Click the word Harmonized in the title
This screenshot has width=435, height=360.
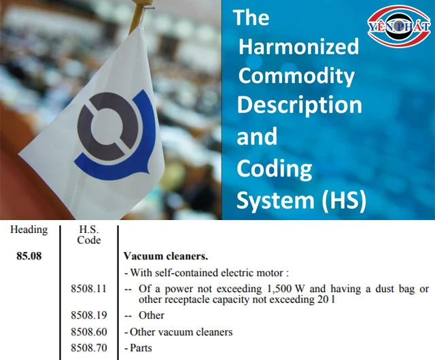298,46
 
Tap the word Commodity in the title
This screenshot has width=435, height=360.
296,75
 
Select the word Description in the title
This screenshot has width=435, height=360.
299,105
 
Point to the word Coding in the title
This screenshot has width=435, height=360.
274,168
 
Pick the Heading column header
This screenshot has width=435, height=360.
29,230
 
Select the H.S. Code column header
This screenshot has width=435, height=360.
89,234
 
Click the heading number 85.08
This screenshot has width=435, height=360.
29,257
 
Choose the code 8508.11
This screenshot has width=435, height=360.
89,289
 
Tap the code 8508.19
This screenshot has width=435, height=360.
89,315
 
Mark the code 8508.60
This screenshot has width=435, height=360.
89,332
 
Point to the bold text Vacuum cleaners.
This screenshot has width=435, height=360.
166,257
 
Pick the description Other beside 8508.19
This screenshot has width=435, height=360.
151,315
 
